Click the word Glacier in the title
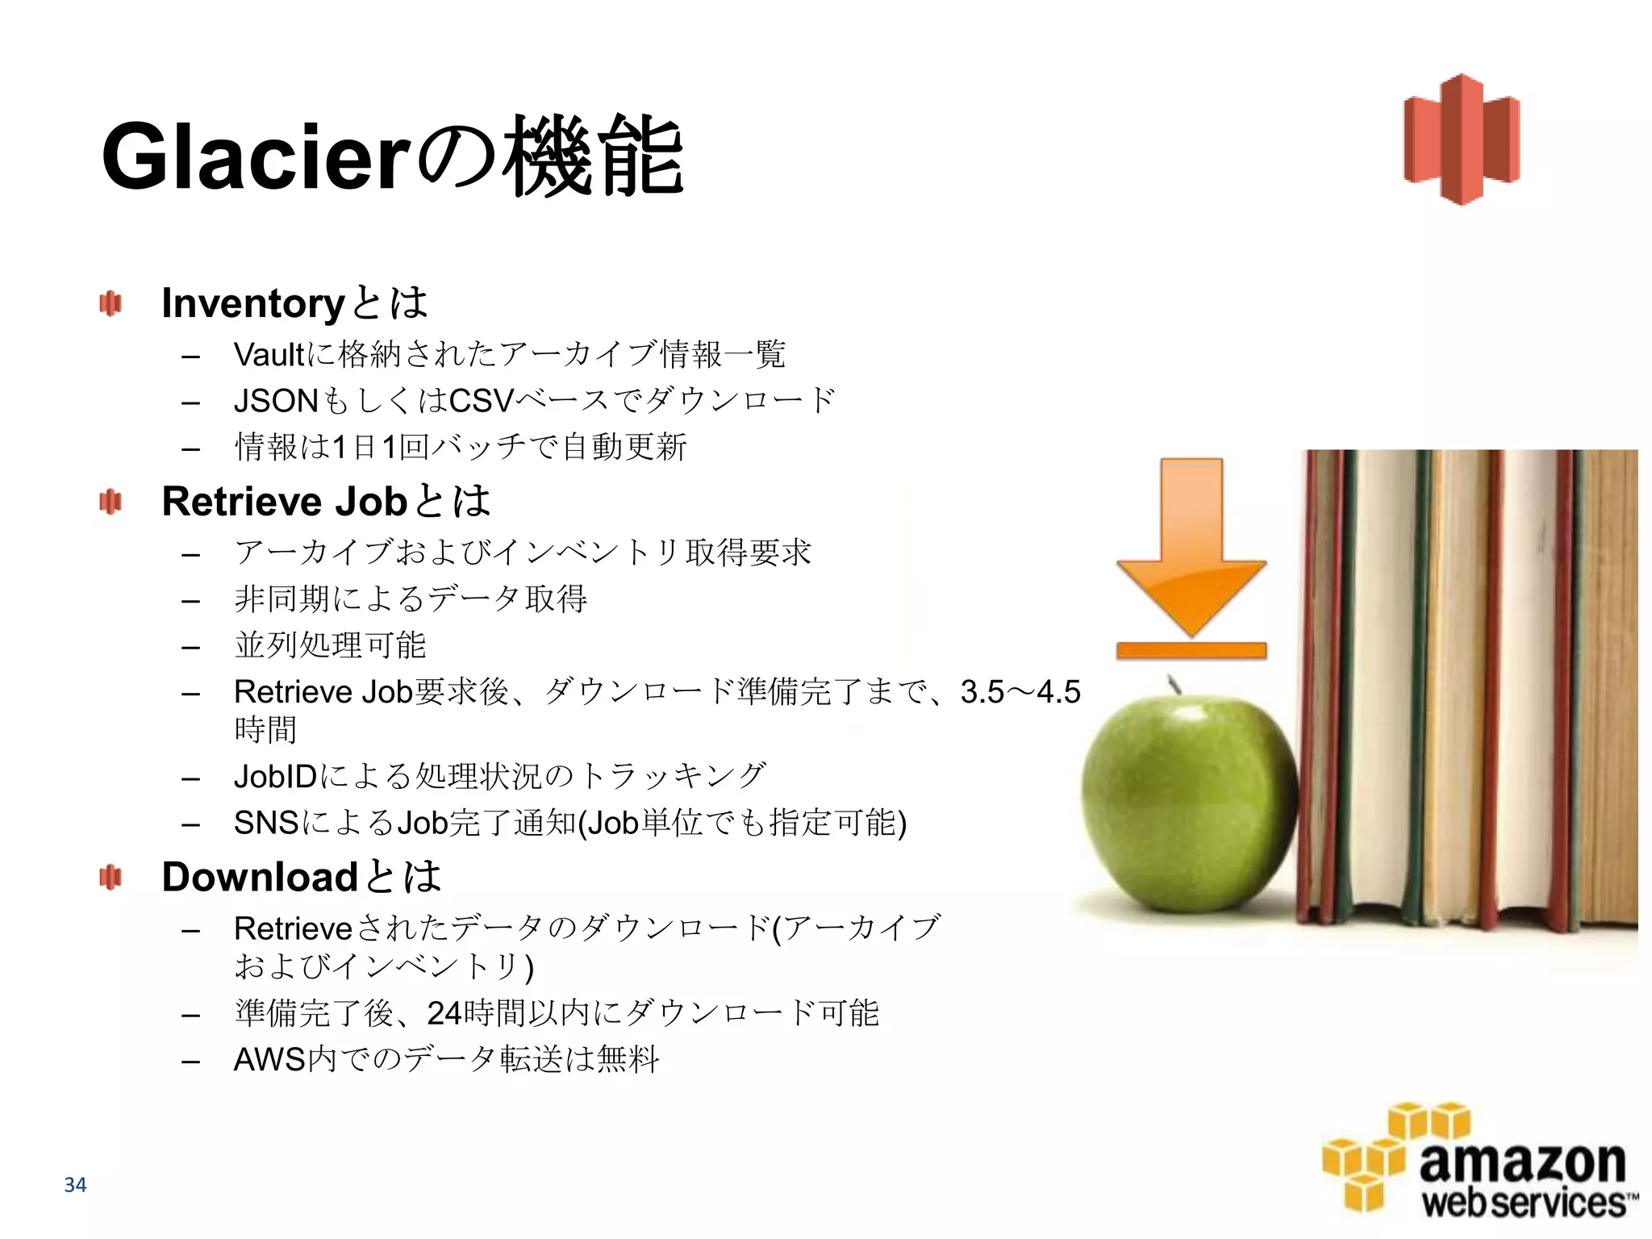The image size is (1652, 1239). tap(257, 156)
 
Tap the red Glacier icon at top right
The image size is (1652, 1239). tap(1461, 139)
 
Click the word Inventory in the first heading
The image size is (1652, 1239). tap(253, 304)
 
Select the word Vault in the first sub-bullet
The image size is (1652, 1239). tap(269, 355)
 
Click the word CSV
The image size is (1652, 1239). tap(481, 401)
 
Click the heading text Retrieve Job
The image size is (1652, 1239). tap(284, 502)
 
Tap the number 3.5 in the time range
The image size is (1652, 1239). tap(982, 692)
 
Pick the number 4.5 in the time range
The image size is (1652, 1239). tap(1058, 692)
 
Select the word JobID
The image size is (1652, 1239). tap(275, 777)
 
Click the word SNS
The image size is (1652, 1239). tap(265, 824)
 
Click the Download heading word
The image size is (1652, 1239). tap(260, 878)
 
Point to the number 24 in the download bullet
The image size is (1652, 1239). tap(444, 1013)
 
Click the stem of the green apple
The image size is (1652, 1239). tap(1174, 684)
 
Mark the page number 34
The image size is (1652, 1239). tap(75, 1185)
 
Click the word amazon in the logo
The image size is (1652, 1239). tap(1521, 1162)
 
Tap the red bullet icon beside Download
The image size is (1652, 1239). tap(110, 877)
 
